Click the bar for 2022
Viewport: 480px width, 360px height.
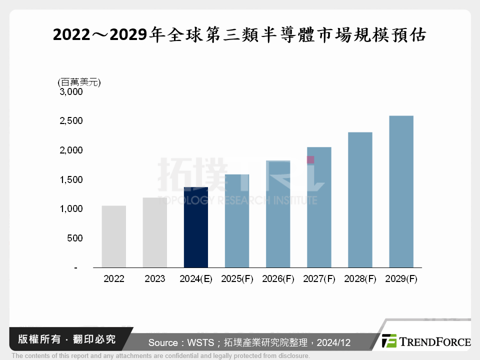coord(113,236)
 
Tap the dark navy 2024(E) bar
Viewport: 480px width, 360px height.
coord(195,227)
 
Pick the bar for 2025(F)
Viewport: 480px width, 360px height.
coord(236,221)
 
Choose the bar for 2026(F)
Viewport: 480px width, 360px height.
coord(278,214)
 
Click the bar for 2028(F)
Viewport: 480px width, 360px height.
coord(360,200)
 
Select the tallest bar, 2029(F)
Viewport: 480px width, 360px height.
coord(401,191)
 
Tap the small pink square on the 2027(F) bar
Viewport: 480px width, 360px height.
coord(310,160)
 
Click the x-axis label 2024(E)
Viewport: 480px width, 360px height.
coord(196,279)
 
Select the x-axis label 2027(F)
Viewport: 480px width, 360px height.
coord(319,279)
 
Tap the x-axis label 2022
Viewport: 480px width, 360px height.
coord(114,279)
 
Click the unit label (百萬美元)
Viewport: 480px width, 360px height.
coord(78,81)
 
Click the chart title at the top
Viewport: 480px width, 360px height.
coord(239,35)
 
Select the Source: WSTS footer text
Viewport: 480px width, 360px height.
coord(249,342)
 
